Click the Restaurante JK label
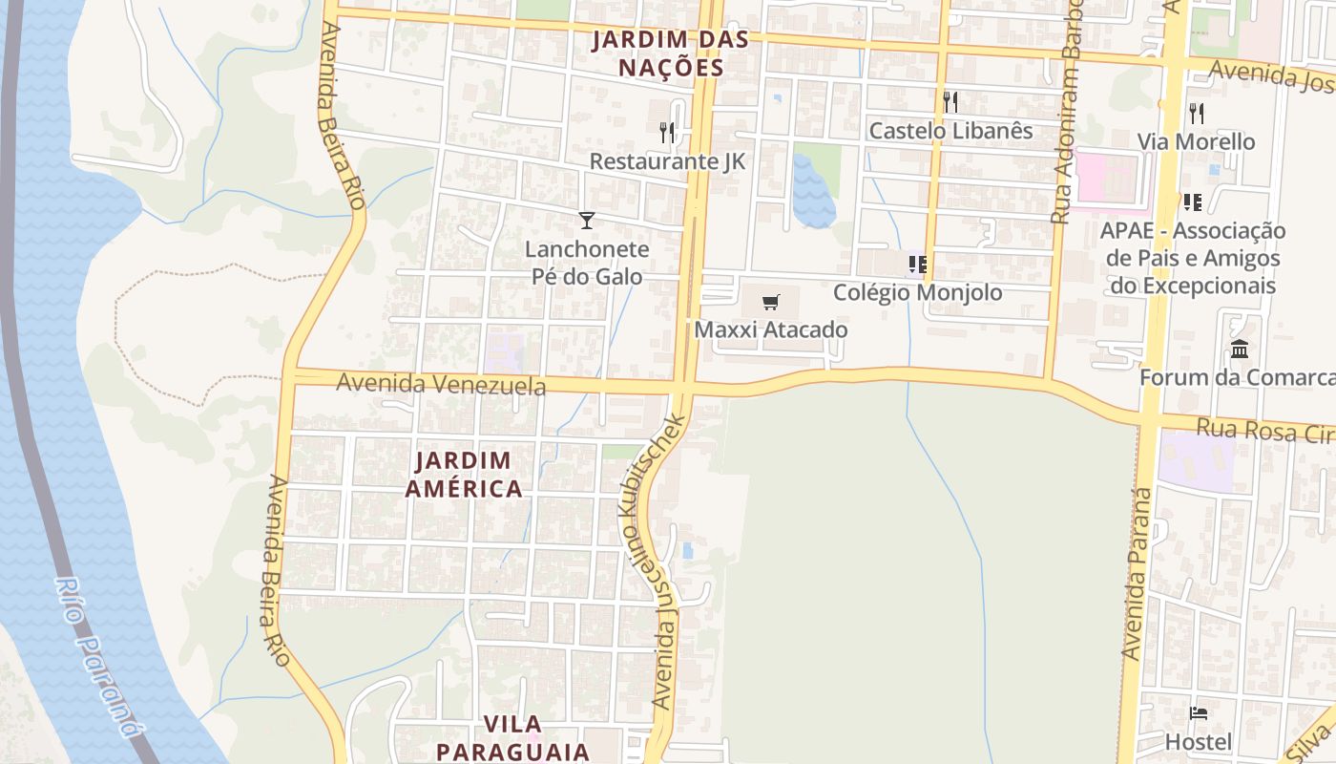coord(667,161)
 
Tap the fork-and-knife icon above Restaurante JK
coord(667,132)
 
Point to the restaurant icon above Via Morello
coord(1196,114)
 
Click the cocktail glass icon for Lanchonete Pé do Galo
coord(587,221)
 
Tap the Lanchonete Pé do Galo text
coord(587,263)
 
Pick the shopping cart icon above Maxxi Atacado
coord(771,303)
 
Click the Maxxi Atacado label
coord(771,329)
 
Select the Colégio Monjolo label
coord(918,292)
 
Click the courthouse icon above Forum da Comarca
coord(1240,350)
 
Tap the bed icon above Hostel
coord(1199,713)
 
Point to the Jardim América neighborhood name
coord(464,475)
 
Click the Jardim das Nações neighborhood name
coord(670,53)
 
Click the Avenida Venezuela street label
coord(441,384)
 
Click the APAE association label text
coord(1192,258)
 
